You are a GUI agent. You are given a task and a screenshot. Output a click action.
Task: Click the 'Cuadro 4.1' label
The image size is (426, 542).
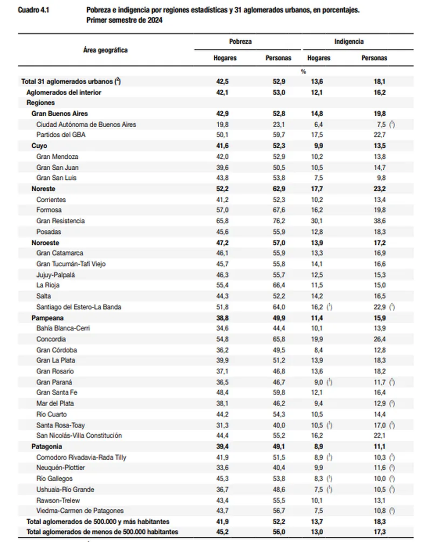33,10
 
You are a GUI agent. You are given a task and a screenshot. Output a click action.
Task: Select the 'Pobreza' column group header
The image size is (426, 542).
240,42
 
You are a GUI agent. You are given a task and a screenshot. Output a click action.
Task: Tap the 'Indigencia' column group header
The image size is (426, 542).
349,42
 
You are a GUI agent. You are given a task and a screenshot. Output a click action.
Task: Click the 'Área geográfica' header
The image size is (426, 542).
105,50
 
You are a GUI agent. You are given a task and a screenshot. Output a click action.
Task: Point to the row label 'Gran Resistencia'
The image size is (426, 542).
60,221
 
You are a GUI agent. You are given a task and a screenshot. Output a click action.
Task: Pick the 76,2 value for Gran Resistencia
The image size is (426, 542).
279,221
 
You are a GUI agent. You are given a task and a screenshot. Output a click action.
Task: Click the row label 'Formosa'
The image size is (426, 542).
49,210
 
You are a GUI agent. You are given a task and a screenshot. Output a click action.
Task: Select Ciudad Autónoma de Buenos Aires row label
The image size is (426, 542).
86,124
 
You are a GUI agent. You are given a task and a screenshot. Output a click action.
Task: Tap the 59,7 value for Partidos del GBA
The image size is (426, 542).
279,135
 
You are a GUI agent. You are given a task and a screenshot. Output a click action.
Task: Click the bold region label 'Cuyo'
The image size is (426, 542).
39,146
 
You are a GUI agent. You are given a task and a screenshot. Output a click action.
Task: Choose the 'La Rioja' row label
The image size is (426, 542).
48,285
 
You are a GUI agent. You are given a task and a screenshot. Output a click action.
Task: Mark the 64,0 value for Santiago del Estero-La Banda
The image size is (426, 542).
279,307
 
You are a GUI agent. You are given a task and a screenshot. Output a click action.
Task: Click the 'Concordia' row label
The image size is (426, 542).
51,339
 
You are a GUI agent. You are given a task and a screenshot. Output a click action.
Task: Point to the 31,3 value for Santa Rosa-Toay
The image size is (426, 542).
223,425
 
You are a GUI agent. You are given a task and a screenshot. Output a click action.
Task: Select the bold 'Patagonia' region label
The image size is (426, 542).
47,446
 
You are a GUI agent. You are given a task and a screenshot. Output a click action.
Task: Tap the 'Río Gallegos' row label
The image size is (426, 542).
54,479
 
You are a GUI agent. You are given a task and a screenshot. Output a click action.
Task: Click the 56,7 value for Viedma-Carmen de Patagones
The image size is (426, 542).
279,511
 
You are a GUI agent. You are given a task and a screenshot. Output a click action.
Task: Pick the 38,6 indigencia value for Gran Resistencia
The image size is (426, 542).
379,221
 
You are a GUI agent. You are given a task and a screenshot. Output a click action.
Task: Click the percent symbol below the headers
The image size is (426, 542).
303,71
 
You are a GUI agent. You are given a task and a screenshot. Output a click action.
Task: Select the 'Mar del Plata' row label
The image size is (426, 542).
55,403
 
